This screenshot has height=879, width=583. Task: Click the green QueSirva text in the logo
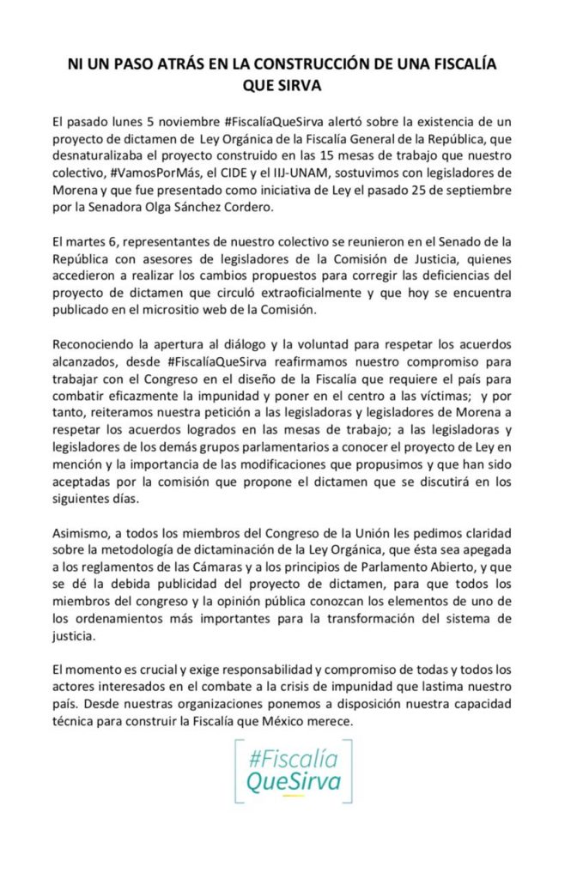pos(293,781)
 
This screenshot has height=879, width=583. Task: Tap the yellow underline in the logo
pos(293,796)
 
